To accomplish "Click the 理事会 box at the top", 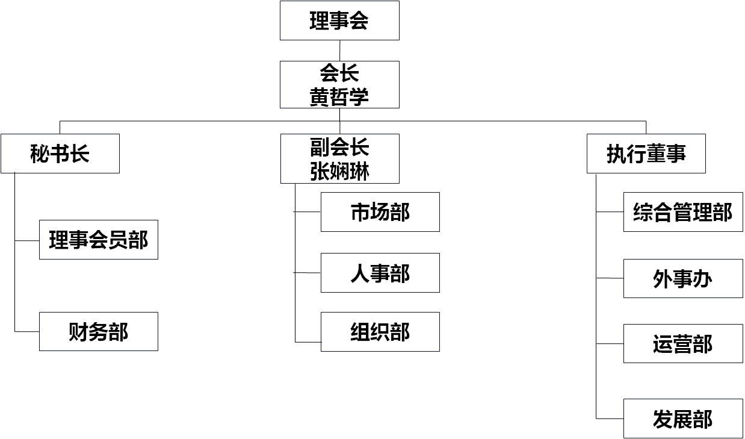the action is (x=339, y=20).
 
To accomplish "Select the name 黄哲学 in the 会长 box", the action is (x=339, y=97).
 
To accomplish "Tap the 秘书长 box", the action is (x=60, y=154).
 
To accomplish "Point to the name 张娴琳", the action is (x=339, y=172).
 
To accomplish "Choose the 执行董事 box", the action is (x=646, y=154).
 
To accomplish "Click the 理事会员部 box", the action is (x=99, y=240).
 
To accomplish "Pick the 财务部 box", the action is (x=99, y=331).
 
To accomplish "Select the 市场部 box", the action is (x=380, y=212).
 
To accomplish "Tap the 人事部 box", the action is (x=380, y=273).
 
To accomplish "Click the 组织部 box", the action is (x=380, y=332).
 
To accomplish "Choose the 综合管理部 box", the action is (x=683, y=212).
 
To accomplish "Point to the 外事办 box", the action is (x=683, y=279).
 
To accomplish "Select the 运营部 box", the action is (x=683, y=343).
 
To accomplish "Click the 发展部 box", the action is (x=683, y=419).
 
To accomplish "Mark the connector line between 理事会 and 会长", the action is (x=339, y=51).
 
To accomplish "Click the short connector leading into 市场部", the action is (x=307, y=212).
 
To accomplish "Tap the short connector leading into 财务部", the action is (x=27, y=331).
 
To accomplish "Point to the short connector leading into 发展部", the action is (x=610, y=419).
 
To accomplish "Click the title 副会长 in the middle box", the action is (x=339, y=147).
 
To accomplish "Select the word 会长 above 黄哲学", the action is (x=339, y=73).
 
